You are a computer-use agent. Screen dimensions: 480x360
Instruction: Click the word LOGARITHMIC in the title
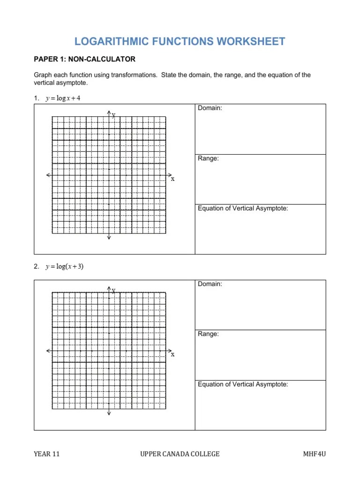(110, 41)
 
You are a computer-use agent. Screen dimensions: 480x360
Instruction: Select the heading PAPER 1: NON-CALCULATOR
(84, 59)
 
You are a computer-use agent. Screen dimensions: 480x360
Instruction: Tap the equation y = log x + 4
(60, 98)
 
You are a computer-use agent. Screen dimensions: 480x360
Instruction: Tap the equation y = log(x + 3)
(64, 267)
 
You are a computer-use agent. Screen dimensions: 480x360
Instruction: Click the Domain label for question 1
(210, 108)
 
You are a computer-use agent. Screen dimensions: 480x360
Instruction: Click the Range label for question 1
(208, 158)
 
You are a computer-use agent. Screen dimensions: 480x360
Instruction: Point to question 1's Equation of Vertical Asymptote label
(243, 209)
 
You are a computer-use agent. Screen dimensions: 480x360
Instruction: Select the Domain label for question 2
(210, 284)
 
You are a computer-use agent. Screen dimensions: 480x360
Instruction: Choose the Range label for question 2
(208, 334)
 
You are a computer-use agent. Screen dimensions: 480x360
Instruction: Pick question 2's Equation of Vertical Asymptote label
(243, 384)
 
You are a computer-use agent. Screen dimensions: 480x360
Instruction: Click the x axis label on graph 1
(172, 179)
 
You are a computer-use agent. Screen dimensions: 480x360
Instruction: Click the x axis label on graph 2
(172, 354)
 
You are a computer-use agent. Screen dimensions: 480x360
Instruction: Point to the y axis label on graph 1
(113, 115)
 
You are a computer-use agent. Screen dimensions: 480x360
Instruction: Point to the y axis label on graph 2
(113, 291)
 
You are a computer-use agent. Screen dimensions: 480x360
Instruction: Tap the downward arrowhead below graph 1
(109, 237)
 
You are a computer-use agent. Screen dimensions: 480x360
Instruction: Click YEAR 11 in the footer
(46, 454)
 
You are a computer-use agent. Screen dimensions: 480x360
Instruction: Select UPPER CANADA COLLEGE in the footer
(180, 454)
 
